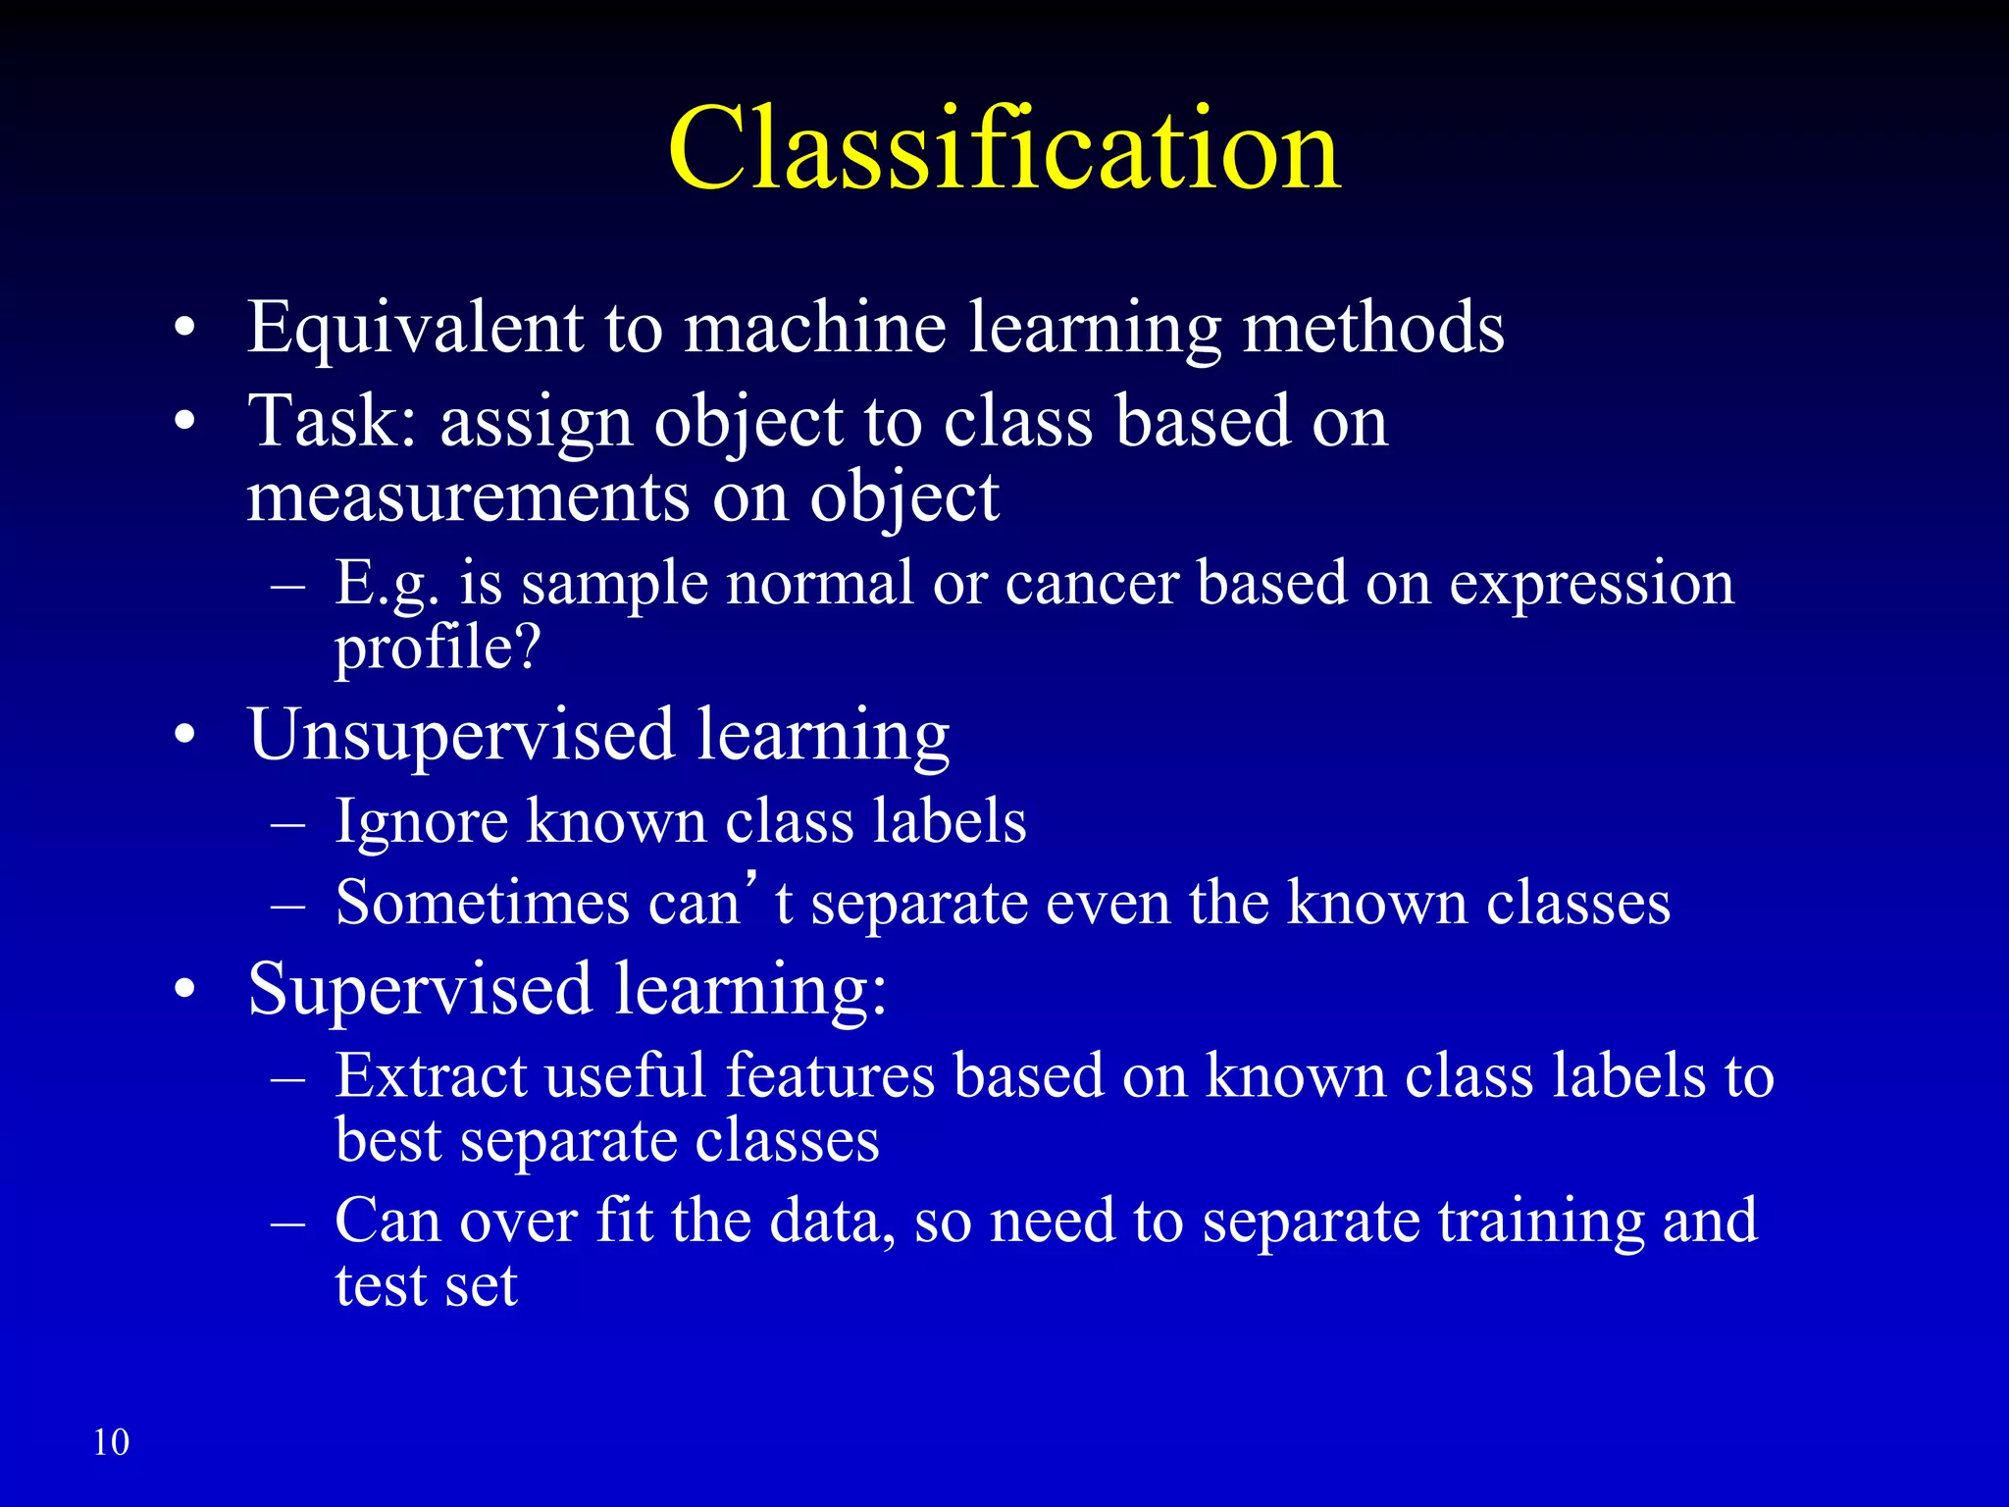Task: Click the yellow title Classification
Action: pos(1004,149)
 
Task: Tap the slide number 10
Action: pos(111,1442)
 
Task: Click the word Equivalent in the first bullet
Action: pos(415,329)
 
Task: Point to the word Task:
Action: pos(334,422)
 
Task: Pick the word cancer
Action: pos(1091,584)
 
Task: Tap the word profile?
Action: pos(438,650)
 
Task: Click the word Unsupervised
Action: pos(461,736)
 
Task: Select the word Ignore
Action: pos(421,821)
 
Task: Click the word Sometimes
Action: pos(482,903)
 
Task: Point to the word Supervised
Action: pos(420,989)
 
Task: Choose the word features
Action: pos(830,1075)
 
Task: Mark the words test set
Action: pos(426,1285)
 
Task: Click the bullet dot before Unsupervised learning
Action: pos(184,737)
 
